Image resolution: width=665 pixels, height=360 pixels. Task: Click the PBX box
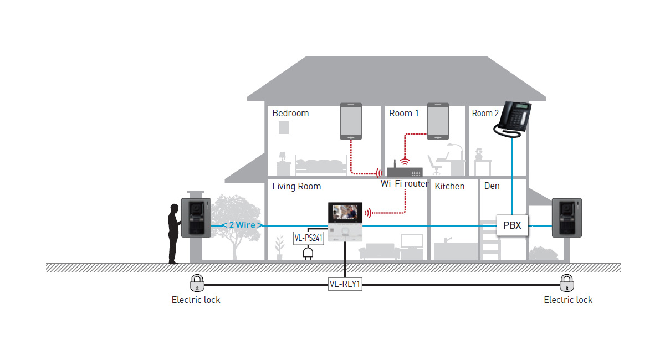click(x=511, y=225)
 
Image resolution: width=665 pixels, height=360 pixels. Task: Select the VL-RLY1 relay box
click(x=345, y=285)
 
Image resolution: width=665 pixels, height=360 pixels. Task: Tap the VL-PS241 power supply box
click(x=308, y=239)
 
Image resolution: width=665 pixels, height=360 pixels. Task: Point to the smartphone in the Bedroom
click(x=351, y=121)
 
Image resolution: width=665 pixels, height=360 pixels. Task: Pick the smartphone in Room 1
click(x=437, y=121)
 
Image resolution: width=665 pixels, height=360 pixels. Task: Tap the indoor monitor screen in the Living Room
click(x=345, y=213)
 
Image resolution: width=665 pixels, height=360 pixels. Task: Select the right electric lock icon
click(x=566, y=283)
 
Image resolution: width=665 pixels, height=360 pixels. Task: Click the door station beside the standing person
click(x=196, y=218)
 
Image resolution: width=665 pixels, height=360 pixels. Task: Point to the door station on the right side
click(x=566, y=218)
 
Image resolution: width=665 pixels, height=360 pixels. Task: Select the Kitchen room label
click(x=449, y=186)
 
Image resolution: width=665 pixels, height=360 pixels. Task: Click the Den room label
click(x=492, y=186)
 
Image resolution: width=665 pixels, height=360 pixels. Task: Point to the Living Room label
click(x=296, y=186)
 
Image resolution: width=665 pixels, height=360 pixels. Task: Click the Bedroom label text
click(x=290, y=113)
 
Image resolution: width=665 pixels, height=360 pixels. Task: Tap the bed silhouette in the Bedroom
click(x=321, y=164)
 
